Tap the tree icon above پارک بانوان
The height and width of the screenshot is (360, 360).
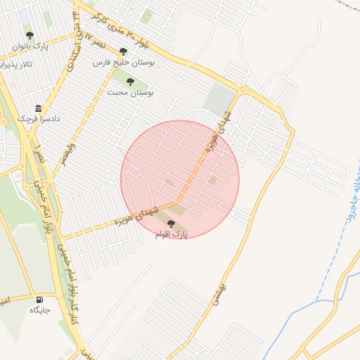point(30,36)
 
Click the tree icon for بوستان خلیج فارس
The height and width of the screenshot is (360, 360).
point(124,51)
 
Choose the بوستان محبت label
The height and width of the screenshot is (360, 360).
point(130,92)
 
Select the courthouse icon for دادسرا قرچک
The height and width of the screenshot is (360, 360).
point(38,108)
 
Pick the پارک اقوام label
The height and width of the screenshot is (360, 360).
point(172,234)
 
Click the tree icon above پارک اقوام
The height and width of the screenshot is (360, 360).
point(172,223)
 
